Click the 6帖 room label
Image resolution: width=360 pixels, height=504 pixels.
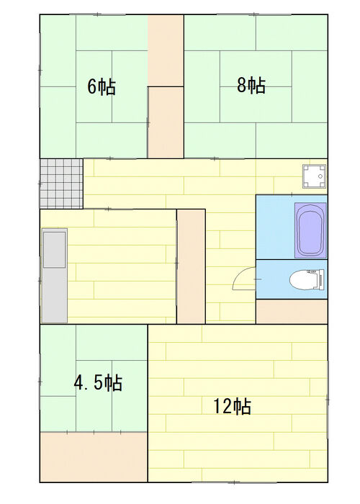102,87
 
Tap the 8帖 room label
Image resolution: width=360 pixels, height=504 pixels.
251,85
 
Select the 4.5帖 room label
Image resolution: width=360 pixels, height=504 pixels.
99,382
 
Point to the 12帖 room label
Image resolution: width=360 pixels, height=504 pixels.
233,406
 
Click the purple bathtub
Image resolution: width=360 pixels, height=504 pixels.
310,230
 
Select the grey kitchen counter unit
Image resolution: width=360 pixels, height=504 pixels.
55,276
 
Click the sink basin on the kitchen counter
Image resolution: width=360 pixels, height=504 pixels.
55,249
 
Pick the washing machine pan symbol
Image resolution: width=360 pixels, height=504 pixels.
314,176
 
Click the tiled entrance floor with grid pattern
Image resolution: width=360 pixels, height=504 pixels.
61,184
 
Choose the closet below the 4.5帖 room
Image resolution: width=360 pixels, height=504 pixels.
94,456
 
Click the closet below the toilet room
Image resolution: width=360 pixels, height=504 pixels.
292,312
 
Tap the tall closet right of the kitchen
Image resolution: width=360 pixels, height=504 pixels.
191,266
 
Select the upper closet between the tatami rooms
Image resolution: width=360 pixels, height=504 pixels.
166,50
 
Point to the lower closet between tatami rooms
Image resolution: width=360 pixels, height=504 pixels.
166,122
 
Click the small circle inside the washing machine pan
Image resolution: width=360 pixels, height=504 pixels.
320,176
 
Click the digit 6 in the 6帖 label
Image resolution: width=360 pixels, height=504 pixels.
92,87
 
